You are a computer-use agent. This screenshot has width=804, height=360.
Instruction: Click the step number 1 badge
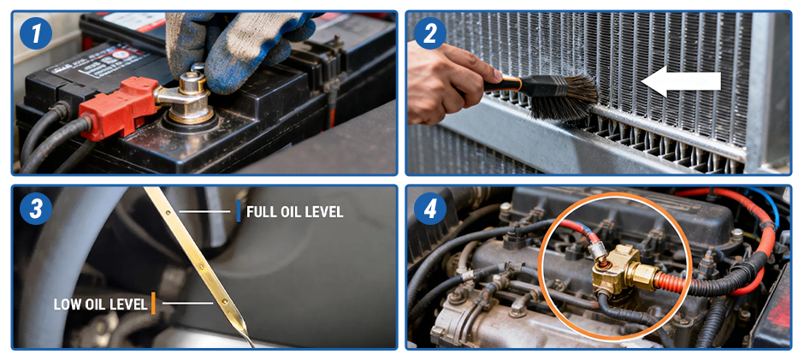(x=35, y=33)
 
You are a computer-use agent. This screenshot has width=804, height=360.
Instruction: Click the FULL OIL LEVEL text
(x=294, y=212)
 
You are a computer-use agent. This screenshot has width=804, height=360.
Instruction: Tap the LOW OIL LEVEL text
(x=100, y=304)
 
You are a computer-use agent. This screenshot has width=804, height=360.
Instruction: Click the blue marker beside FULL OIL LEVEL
(x=239, y=211)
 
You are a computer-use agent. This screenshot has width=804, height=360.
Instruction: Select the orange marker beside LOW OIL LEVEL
(x=153, y=303)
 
